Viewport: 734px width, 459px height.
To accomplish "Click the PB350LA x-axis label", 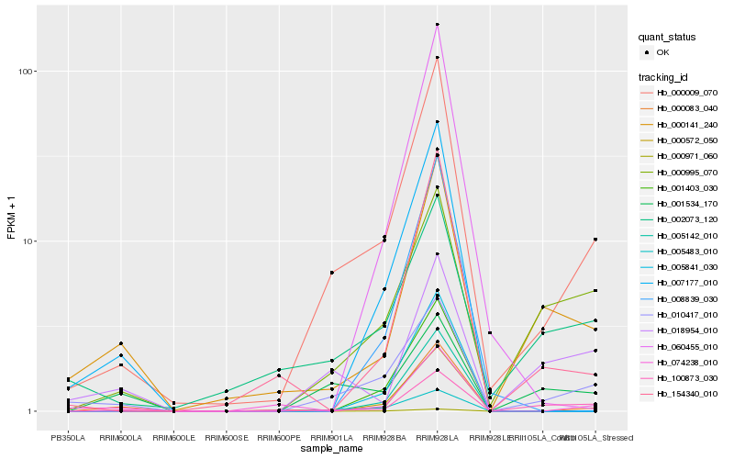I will coord(68,437).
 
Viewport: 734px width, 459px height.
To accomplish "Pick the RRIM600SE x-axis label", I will coord(226,437).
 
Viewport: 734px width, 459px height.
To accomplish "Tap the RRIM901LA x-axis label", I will coord(331,437).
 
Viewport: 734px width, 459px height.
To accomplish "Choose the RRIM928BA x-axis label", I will coord(384,437).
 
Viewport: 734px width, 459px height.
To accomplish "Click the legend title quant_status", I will coord(670,37).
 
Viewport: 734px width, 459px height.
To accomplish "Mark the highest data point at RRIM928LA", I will coord(437,25).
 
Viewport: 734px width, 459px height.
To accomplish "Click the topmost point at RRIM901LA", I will coord(331,273).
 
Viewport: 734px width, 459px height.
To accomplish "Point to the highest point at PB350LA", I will coord(68,378).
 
